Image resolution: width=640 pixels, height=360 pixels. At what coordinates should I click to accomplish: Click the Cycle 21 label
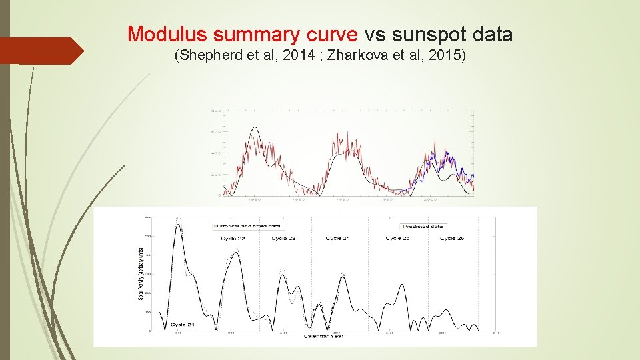[x=181, y=325]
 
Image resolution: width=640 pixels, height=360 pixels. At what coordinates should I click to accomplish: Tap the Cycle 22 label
[x=233, y=239]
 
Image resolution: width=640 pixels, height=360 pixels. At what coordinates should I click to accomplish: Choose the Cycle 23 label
[x=283, y=239]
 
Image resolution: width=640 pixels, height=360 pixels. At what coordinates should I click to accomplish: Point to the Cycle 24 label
[x=338, y=239]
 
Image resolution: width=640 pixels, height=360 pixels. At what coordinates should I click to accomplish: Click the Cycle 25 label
[x=397, y=239]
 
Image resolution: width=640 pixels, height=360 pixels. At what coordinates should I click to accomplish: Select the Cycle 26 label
[x=452, y=239]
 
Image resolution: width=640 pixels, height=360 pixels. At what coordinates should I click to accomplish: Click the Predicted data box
[x=423, y=227]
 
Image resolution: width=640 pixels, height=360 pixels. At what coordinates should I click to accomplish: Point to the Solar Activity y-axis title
[x=141, y=273]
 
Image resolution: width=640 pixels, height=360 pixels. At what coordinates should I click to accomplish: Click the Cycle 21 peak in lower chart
[x=178, y=225]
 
